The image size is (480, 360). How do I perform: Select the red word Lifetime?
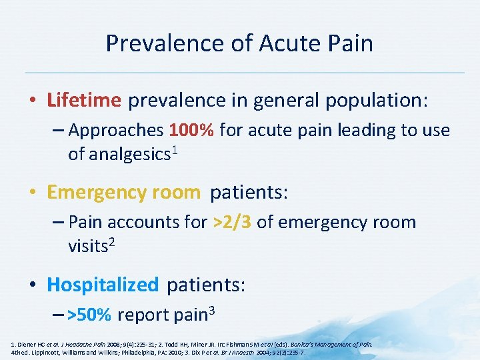(84, 100)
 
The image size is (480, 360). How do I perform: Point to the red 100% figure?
(191, 130)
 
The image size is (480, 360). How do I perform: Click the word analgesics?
(119, 155)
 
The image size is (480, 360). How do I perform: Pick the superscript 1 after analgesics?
(175, 150)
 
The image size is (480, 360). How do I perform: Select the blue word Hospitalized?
(103, 285)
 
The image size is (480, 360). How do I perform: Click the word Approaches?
(117, 130)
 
